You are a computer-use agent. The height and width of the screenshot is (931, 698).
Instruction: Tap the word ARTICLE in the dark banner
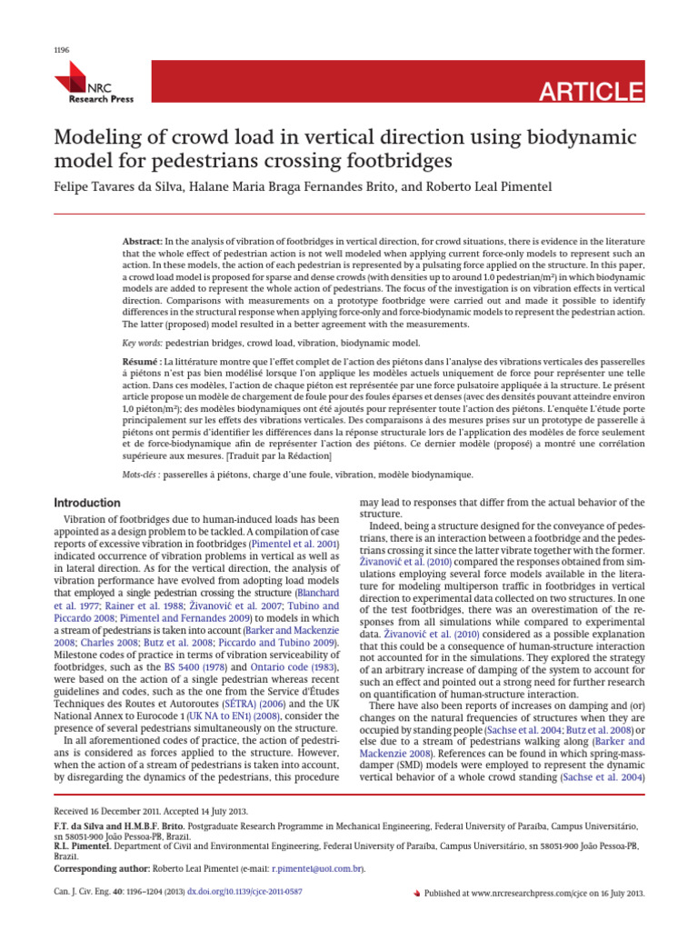coord(592,92)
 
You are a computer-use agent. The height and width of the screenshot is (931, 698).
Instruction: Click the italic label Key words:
coord(142,343)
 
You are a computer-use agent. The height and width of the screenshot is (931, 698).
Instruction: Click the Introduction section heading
coord(88,503)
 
